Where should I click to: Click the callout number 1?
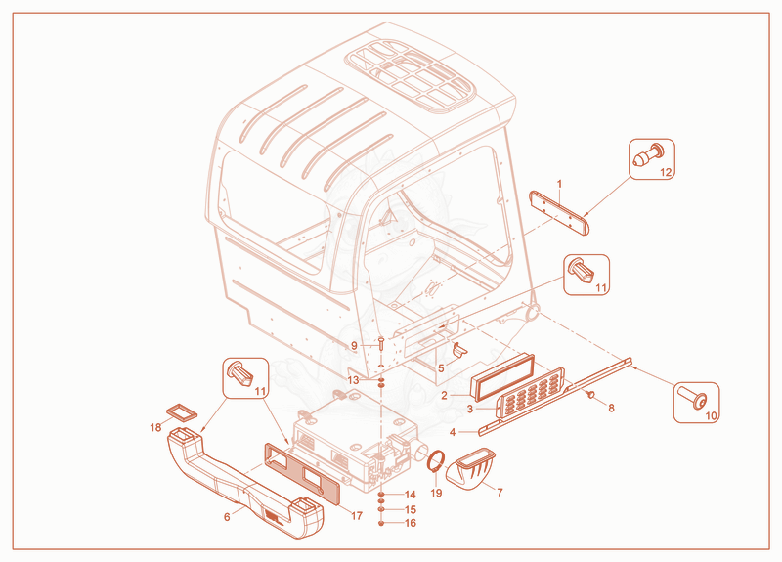[x=559, y=184]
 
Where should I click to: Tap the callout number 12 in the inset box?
[x=666, y=173]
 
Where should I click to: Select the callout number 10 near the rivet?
[x=711, y=415]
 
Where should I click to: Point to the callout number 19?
[x=436, y=493]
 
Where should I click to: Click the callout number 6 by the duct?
[x=227, y=517]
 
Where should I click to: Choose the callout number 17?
[x=357, y=516]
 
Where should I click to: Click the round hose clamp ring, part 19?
[x=436, y=461]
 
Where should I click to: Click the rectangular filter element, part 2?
[x=502, y=377]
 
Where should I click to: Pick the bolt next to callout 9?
[x=380, y=343]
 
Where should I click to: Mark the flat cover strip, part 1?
[x=559, y=213]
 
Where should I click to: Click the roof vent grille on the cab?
[x=410, y=76]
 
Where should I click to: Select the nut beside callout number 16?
[x=381, y=524]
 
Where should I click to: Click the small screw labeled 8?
[x=591, y=395]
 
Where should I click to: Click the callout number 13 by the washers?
[x=353, y=380]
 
